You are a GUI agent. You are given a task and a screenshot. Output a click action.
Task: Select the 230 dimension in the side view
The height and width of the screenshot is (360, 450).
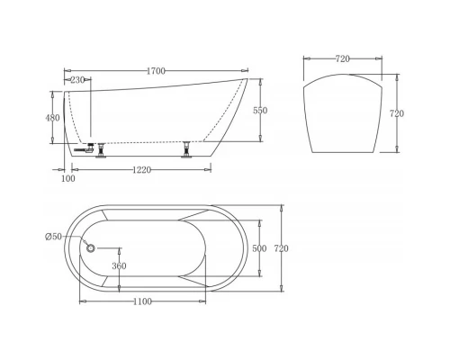click(x=77, y=80)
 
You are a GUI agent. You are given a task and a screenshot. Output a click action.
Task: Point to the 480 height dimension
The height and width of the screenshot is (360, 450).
click(x=52, y=117)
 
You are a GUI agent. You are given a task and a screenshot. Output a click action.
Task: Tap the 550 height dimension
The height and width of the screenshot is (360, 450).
click(x=260, y=110)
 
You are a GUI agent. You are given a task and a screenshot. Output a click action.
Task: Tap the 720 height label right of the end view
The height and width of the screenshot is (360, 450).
click(x=397, y=114)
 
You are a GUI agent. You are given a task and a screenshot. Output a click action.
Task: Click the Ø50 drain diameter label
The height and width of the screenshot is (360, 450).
click(x=53, y=236)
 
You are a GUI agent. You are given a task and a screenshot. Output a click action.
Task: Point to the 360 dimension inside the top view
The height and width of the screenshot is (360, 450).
click(x=118, y=266)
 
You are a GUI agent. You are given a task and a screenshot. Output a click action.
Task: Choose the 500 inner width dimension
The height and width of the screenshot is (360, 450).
click(x=259, y=248)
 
